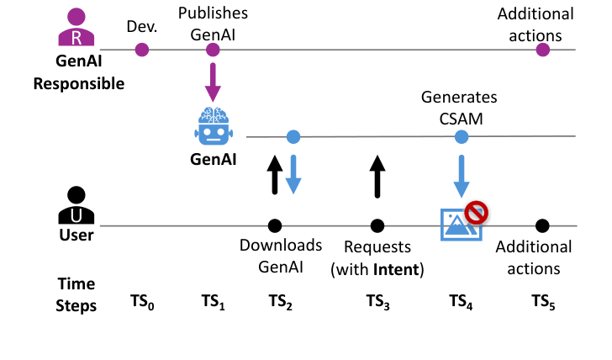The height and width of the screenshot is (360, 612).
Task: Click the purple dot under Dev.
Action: tap(142, 50)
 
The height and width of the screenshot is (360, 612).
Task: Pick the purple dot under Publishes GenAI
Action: tap(214, 50)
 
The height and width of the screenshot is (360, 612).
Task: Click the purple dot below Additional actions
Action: tap(543, 50)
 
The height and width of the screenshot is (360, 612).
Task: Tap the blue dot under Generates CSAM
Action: tap(461, 136)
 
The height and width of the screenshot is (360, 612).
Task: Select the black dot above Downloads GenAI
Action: tap(274, 225)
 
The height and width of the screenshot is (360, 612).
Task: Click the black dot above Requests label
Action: tap(377, 225)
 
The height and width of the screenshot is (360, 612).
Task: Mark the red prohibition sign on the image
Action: tap(477, 212)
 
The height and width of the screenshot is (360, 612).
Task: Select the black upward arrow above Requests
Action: tap(377, 177)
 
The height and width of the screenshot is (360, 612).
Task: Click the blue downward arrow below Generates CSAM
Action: tap(461, 176)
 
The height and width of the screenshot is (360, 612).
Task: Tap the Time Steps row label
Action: tap(76, 294)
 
